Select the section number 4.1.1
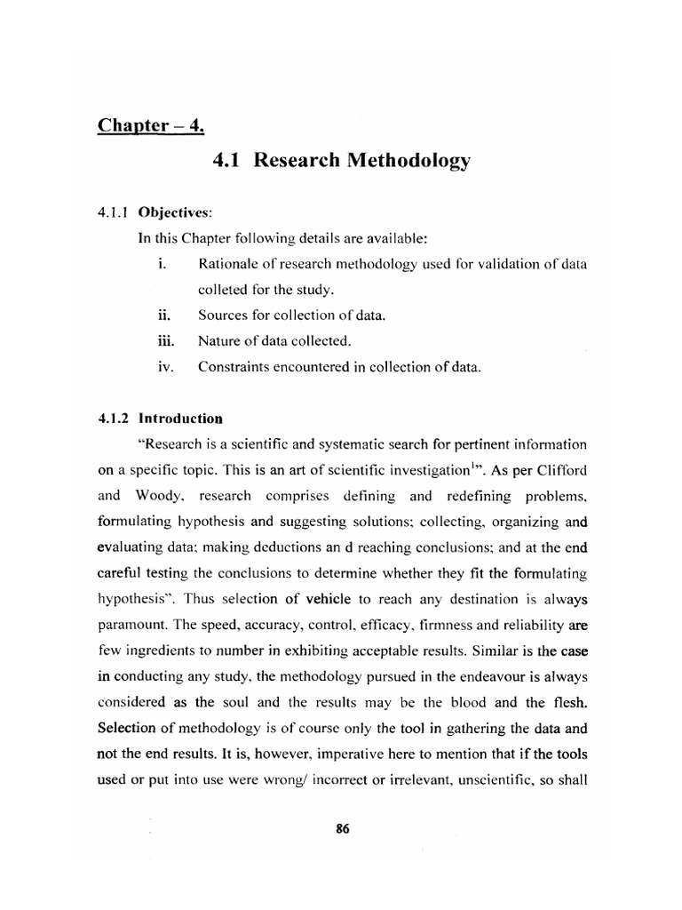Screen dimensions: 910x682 tap(114, 213)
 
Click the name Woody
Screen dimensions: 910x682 tap(175, 495)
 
